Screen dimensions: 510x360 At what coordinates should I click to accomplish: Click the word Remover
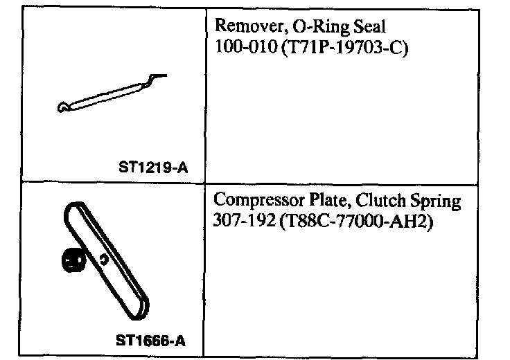pos(243,28)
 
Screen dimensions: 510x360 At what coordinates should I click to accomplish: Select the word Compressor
pos(255,201)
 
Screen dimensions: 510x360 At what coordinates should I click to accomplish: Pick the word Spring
pos(434,202)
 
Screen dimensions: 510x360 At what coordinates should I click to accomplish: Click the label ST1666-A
pos(151,341)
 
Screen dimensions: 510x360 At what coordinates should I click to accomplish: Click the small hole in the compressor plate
pos(103,260)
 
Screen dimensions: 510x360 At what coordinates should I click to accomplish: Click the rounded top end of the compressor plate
pos(72,209)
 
